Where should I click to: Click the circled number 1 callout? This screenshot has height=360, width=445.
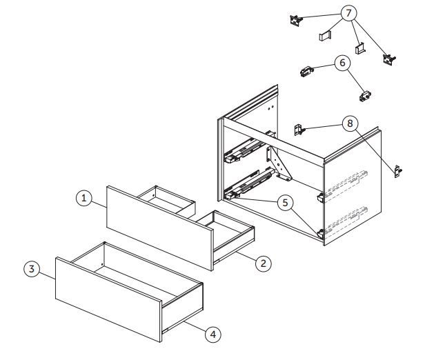click(x=84, y=198)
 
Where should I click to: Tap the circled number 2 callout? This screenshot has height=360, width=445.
click(x=264, y=263)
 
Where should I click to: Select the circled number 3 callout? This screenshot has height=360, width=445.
click(x=32, y=269)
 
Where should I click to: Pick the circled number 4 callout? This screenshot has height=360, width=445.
click(x=213, y=334)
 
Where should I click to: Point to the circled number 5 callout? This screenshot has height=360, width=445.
click(x=285, y=203)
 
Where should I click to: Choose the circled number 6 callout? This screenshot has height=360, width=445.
click(x=343, y=63)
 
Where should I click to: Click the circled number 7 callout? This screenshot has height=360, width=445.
click(x=349, y=13)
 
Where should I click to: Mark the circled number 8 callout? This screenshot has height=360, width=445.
click(x=350, y=123)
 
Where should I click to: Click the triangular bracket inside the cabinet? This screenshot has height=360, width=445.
click(x=279, y=164)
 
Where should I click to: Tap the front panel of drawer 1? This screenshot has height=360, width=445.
click(x=160, y=228)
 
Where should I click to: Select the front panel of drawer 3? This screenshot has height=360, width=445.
click(x=109, y=299)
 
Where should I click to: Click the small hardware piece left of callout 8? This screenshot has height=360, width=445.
click(x=299, y=130)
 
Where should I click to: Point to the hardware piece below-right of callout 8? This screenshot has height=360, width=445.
click(x=398, y=172)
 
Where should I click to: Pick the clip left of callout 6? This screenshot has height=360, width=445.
click(x=306, y=71)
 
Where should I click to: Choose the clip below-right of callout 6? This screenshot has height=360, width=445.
click(x=365, y=96)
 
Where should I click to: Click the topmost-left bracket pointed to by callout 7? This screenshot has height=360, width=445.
click(x=296, y=21)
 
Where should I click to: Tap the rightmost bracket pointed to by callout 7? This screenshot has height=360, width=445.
click(x=389, y=59)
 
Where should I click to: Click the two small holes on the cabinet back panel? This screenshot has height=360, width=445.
click(x=270, y=107)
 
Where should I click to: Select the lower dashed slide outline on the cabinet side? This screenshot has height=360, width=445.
click(x=346, y=221)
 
